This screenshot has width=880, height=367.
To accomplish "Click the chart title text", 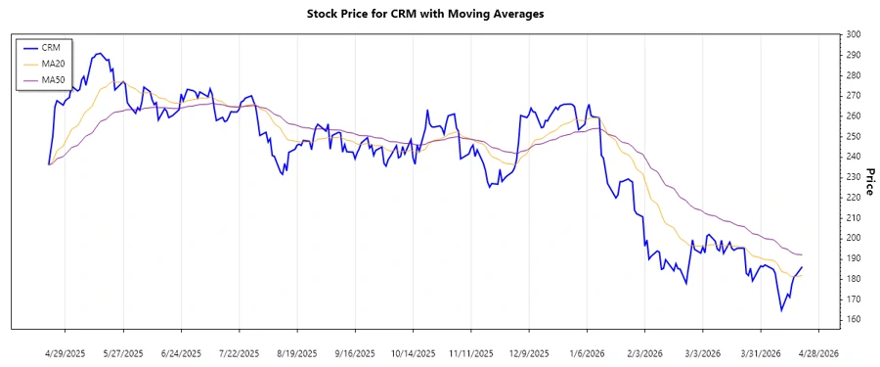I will coord(439,14).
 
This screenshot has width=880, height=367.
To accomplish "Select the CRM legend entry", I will coord(51,47).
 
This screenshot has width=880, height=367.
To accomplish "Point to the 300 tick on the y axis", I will coord(854,34).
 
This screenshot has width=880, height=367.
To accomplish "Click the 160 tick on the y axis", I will coord(854,319).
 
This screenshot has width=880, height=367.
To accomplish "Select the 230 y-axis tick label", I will coord(854,177).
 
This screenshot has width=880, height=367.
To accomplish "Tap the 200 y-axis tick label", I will coord(854,238).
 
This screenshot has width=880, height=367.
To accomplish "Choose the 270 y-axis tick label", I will coord(854,96).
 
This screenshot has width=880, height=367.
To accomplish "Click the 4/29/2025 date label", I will coord(66,352).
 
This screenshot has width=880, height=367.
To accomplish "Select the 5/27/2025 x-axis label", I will coord(123,352).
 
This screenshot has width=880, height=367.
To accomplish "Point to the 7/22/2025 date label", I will coord(239,352).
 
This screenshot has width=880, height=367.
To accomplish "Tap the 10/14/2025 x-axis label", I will coord(411,352).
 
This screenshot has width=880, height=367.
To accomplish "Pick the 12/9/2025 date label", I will coord(527,352).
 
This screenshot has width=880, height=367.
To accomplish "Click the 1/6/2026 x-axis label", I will coord(585,352).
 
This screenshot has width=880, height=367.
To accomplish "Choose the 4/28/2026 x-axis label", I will coord(815,352).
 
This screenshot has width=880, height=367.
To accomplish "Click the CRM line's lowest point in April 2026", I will coord(781,311).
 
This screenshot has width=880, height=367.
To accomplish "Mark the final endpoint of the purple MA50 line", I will coord(803,255).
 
